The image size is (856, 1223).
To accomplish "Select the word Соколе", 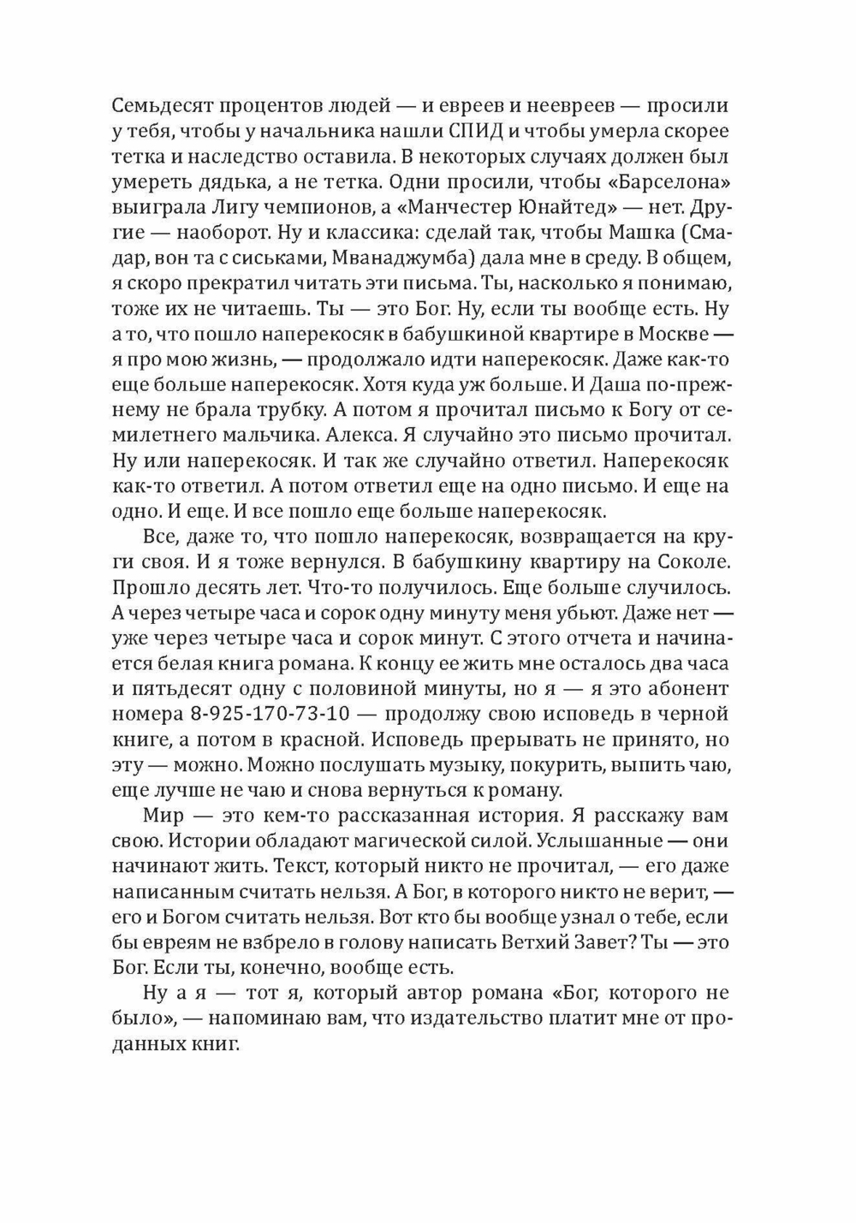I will [692, 562].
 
